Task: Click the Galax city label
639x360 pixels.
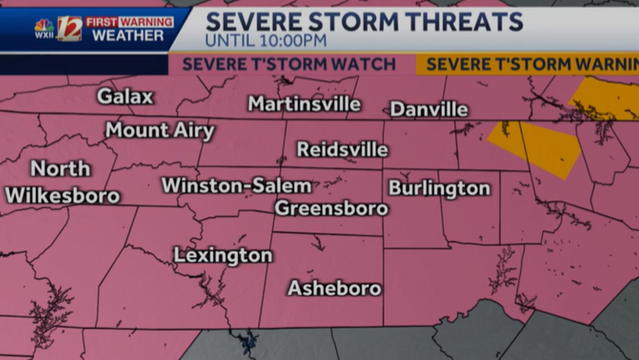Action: coord(125,96)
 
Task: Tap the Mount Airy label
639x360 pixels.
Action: coord(160,131)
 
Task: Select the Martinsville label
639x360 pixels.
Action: coord(304,104)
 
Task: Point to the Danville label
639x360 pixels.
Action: coord(429,109)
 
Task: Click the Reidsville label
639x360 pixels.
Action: coord(343,149)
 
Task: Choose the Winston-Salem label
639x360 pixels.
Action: coord(236,186)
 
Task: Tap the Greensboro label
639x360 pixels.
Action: coord(331,208)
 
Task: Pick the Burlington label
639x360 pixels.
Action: coord(439,188)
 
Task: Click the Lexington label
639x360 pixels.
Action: coord(223,256)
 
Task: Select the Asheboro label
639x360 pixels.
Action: coord(334,288)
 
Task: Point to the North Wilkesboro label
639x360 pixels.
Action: coord(62,183)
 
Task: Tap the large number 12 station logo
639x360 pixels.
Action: coord(69,29)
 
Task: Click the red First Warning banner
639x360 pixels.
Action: coord(129,22)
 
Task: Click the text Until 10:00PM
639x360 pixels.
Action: coord(265,41)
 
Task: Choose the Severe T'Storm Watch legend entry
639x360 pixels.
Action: coord(289,64)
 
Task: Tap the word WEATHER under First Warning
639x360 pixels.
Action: coord(128,36)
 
